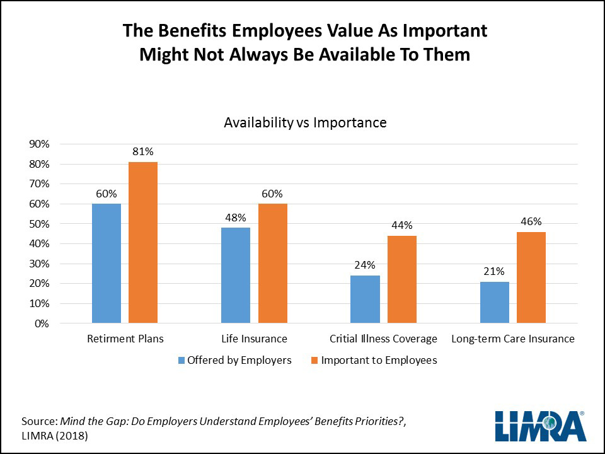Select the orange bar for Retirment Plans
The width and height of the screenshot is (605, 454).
click(142, 243)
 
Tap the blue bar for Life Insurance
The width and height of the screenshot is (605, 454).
click(236, 276)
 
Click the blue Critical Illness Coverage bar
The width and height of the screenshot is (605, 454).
click(365, 300)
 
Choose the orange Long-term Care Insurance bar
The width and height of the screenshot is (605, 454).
click(531, 277)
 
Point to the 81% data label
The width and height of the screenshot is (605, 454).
click(142, 151)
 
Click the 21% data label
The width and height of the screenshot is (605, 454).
click(494, 271)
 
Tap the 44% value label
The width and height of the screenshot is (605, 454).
click(401, 225)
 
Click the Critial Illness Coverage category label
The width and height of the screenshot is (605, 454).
click(383, 339)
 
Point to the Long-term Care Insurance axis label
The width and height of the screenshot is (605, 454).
click(513, 339)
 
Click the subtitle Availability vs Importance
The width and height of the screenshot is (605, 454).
click(305, 122)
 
